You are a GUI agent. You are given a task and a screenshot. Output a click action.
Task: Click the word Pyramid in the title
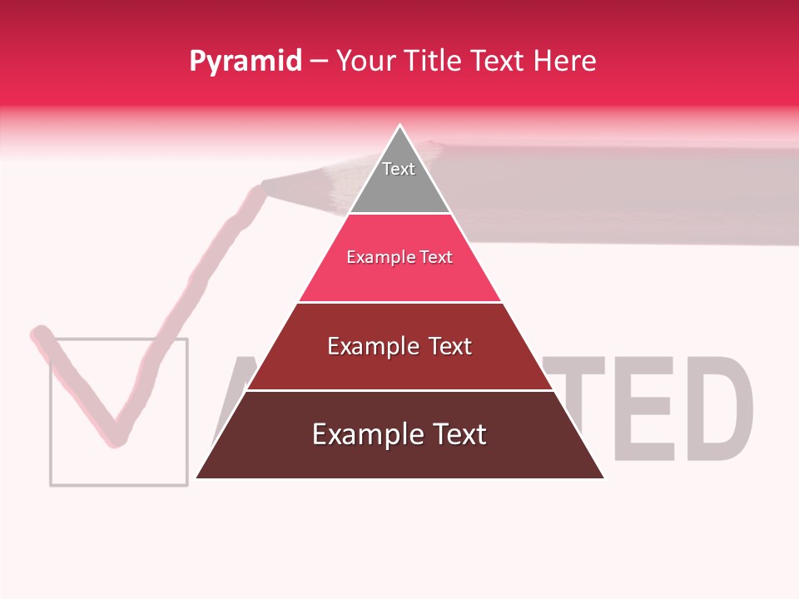coord(245,62)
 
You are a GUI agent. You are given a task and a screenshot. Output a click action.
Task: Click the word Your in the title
coord(365,61)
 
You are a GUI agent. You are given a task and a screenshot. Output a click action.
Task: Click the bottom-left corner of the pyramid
coord(196,478)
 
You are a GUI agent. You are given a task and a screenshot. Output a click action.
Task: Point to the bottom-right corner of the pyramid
coord(603,478)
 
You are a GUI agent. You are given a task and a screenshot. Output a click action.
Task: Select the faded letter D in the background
coord(717,408)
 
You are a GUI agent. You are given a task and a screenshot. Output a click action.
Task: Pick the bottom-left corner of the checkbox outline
coord(51,483)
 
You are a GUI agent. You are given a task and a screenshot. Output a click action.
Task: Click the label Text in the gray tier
coord(399,169)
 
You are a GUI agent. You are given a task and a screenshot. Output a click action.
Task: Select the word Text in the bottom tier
coord(457,434)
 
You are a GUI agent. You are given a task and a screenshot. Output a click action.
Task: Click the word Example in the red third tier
coord(373,346)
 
